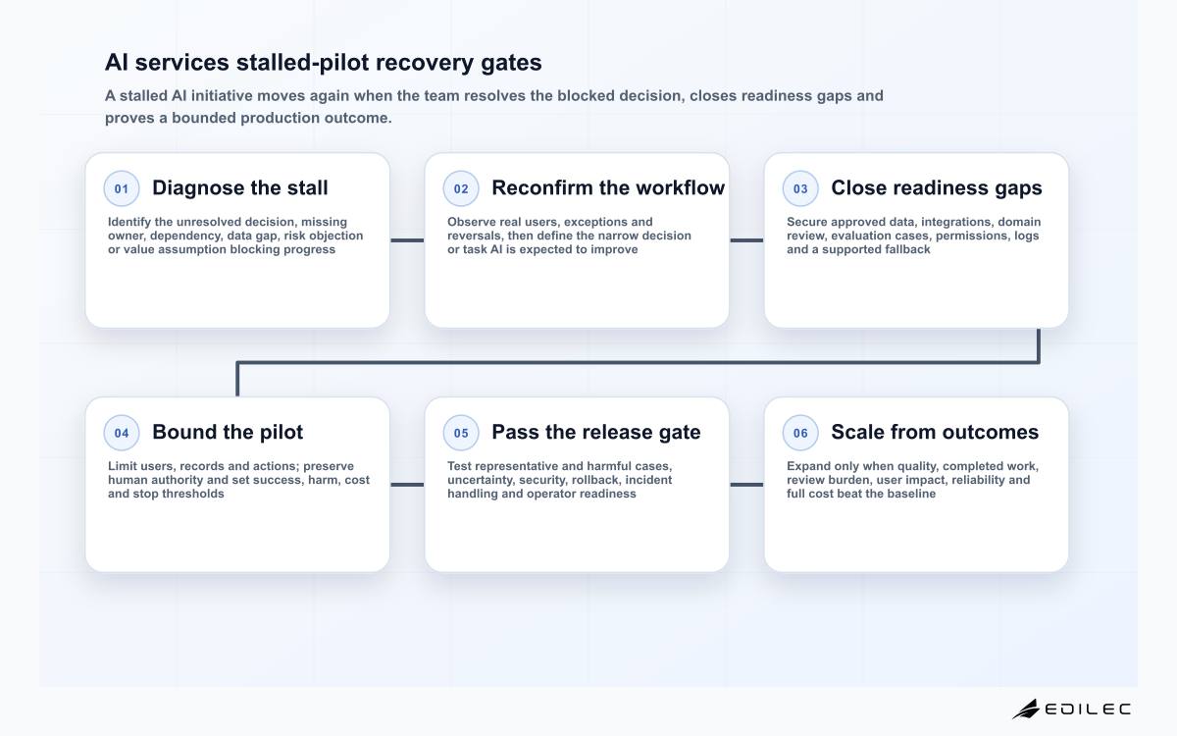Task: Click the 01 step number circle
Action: pyautogui.click(x=122, y=188)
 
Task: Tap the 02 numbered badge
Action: pyautogui.click(x=461, y=188)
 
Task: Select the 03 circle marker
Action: pyautogui.click(x=800, y=188)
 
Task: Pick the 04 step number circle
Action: pyautogui.click(x=122, y=433)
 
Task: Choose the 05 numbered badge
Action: pyautogui.click(x=461, y=433)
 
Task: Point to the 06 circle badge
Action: pyautogui.click(x=800, y=433)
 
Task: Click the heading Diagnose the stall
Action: pyautogui.click(x=240, y=187)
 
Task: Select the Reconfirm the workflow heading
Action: pyautogui.click(x=608, y=187)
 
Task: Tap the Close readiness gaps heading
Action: pyautogui.click(x=937, y=188)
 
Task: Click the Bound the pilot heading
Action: pyautogui.click(x=228, y=432)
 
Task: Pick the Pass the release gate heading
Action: pyautogui.click(x=596, y=432)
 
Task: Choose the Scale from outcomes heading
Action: pyautogui.click(x=935, y=432)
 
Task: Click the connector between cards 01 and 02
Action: pyautogui.click(x=407, y=240)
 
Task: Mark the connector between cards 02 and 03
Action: pyautogui.click(x=746, y=240)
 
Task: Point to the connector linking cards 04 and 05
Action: pyautogui.click(x=407, y=485)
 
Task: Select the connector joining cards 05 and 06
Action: pyautogui.click(x=746, y=485)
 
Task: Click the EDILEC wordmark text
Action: pyautogui.click(x=1087, y=710)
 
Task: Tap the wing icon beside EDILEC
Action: pyautogui.click(x=1026, y=709)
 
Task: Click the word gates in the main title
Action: pyautogui.click(x=511, y=63)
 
